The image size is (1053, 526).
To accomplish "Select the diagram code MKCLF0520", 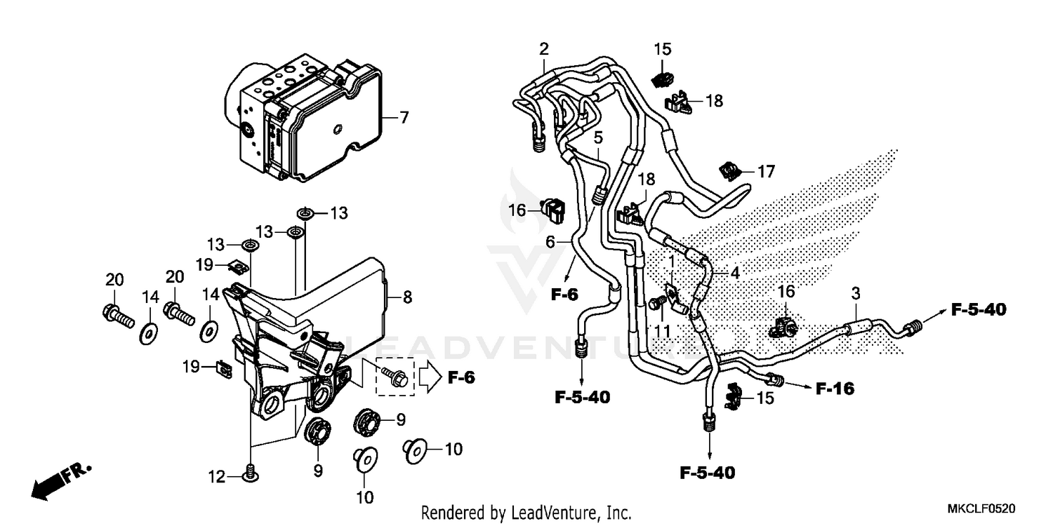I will point(981,508).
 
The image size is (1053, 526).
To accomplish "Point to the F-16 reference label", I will point(835,389).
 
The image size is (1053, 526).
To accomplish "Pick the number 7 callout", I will point(404,118).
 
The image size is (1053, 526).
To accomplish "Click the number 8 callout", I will point(407,297).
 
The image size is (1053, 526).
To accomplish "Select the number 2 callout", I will point(543,49).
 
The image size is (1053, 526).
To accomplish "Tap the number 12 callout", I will point(217,478).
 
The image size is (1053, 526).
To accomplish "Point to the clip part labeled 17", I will point(729,170).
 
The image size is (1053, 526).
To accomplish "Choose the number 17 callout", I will point(765,170).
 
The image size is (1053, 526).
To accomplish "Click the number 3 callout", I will point(856,292).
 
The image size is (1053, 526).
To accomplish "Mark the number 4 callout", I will point(734,274).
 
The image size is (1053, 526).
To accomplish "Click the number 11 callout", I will point(662,329).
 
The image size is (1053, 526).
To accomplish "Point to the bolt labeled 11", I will point(656,303).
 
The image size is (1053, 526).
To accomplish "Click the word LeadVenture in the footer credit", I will point(561,513).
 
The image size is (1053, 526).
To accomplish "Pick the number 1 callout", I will point(671,261).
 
